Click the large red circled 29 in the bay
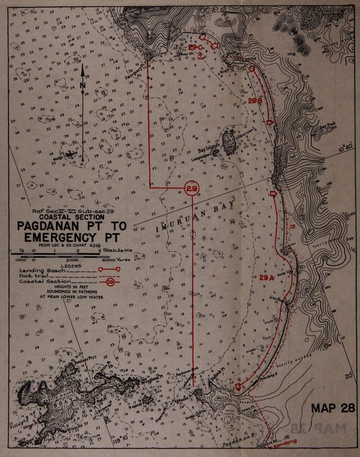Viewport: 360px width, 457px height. click(192, 188)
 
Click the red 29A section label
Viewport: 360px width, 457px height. click(267, 277)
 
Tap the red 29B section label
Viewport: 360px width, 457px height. click(255, 101)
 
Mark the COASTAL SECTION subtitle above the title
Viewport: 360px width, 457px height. click(72, 217)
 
